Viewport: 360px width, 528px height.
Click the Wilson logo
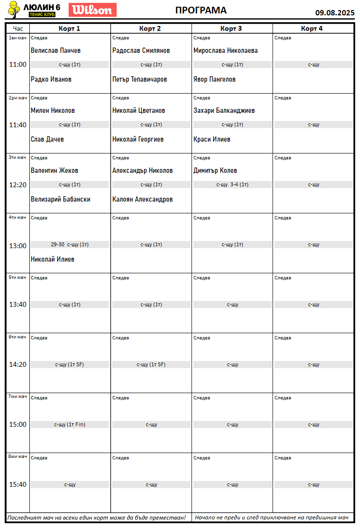click(93, 10)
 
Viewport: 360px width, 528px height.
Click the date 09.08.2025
click(335, 12)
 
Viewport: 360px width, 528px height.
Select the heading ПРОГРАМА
click(201, 11)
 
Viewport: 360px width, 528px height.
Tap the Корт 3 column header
click(231, 29)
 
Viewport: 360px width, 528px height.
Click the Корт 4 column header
click(312, 29)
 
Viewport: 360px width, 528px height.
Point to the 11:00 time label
click(18, 64)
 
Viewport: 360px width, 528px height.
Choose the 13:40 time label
click(18, 304)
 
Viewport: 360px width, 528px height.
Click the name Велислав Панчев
click(56, 50)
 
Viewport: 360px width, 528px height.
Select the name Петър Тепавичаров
click(140, 79)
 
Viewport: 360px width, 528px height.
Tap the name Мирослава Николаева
click(226, 50)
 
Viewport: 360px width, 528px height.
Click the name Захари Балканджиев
click(224, 110)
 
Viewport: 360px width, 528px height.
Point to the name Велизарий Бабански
click(60, 199)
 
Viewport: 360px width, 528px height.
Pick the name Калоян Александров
click(143, 199)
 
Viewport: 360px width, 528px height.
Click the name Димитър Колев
click(215, 170)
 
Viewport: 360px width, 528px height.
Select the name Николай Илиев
click(52, 259)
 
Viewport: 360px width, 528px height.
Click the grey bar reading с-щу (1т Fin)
click(70, 424)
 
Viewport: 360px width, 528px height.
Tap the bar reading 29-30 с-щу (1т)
click(70, 244)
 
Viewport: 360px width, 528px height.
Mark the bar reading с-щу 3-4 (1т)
click(232, 184)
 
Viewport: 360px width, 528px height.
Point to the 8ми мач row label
click(18, 456)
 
